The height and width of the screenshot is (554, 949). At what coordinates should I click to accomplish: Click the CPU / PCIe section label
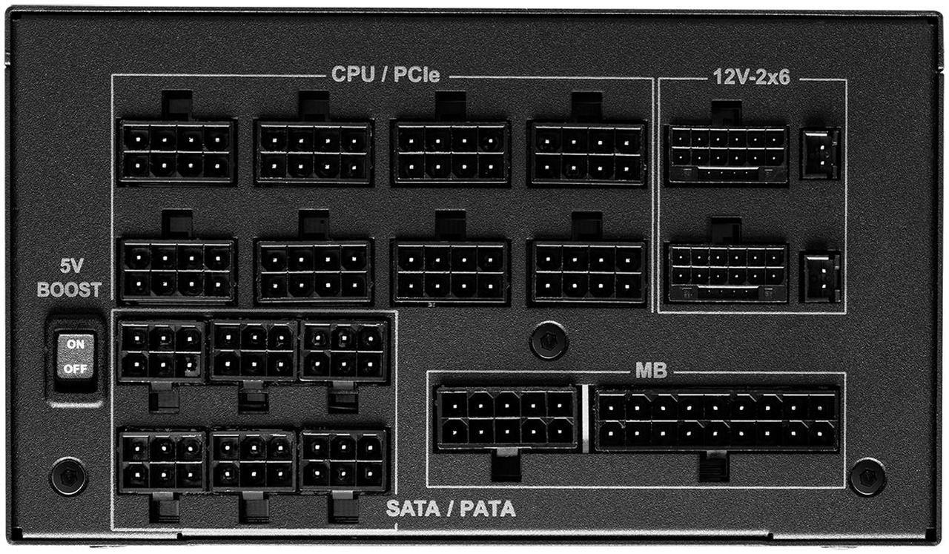tap(385, 75)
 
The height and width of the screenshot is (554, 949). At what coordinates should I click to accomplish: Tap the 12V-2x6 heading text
tap(751, 77)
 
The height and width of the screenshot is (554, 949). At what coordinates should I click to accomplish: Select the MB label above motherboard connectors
tap(651, 371)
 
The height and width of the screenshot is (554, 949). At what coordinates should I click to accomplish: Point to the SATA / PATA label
tap(451, 509)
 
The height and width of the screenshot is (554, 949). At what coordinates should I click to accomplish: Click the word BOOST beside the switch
tap(69, 289)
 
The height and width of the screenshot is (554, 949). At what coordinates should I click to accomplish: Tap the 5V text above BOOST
tap(71, 266)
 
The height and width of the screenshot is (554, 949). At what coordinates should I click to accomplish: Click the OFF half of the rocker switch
tap(76, 369)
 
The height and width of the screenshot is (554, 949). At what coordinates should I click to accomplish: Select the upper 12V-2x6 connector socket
tap(727, 154)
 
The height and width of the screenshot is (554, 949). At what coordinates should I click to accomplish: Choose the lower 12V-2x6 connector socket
tap(727, 273)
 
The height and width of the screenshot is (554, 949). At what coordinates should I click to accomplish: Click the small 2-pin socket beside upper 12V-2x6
tap(820, 154)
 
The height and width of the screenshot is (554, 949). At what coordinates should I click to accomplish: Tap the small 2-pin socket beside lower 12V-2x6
tap(820, 277)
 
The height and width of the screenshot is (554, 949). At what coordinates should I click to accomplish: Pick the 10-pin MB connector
tap(507, 418)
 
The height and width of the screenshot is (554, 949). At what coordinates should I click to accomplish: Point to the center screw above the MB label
tap(549, 340)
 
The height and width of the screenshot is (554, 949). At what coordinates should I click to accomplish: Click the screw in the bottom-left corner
tap(69, 476)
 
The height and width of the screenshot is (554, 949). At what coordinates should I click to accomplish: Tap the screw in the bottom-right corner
tap(867, 477)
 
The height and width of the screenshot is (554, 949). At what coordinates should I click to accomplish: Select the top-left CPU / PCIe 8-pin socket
tap(176, 152)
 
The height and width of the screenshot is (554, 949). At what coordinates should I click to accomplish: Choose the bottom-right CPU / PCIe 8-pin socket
tap(587, 272)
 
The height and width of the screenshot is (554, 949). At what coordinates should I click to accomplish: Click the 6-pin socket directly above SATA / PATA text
tap(344, 461)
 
